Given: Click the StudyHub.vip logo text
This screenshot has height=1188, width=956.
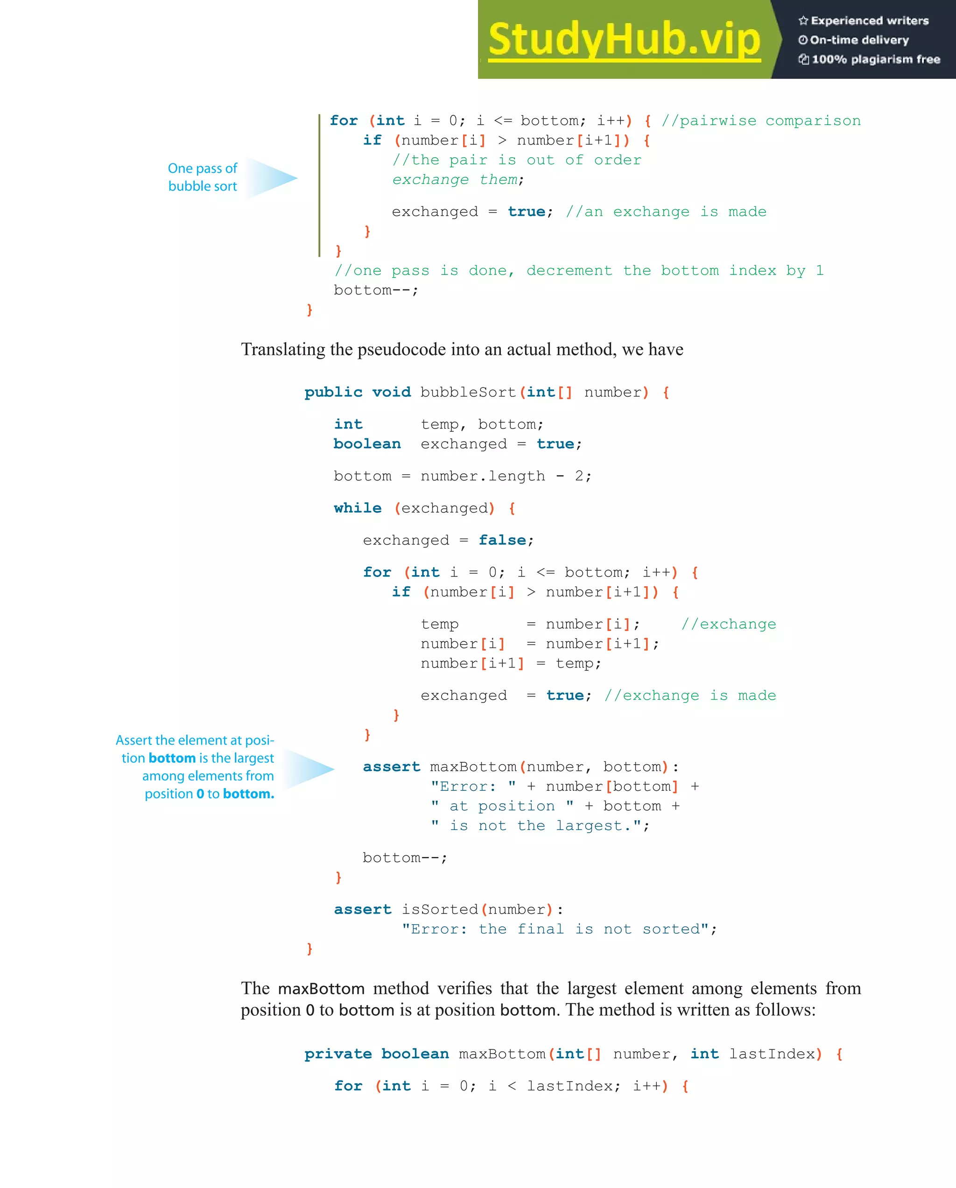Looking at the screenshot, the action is pos(624,40).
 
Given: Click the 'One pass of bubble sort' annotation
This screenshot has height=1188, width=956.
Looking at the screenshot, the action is pos(202,177).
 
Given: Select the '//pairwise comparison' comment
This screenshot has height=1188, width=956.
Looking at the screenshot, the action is pos(760,121).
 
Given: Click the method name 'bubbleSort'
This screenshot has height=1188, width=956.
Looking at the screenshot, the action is pos(468,392).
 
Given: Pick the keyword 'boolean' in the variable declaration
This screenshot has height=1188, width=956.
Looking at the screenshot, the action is pos(367,444).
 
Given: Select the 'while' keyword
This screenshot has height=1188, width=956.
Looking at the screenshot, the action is pos(357,508).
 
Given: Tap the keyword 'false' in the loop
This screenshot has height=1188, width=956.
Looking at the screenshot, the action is pos(502,540).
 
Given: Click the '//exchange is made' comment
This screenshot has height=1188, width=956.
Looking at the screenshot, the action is pos(690,696).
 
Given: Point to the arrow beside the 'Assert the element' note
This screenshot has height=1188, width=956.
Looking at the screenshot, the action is pos(309,768).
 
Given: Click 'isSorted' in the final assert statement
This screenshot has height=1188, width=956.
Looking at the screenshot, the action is pos(440,909).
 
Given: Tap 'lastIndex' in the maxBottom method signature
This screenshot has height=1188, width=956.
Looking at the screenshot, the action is pos(772,1054).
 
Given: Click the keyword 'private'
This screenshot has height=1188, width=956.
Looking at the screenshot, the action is pos(338,1054).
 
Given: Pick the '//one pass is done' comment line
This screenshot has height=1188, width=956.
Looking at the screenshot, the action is pos(578,271).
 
